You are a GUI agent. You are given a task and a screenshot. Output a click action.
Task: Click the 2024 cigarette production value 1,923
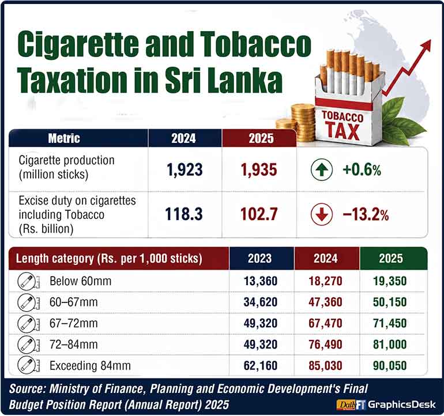(x=185, y=170)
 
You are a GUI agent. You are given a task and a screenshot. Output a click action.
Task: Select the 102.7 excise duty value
(x=259, y=214)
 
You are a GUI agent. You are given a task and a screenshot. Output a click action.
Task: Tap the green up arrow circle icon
(x=321, y=169)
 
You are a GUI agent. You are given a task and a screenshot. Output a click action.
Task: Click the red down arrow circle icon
(x=321, y=214)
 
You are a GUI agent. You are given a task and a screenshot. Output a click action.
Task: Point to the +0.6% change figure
(x=362, y=170)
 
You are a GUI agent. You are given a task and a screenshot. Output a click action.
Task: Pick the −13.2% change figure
(x=366, y=215)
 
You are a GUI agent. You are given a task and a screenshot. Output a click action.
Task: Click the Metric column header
(x=64, y=138)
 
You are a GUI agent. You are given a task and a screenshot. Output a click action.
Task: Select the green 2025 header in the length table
(x=393, y=258)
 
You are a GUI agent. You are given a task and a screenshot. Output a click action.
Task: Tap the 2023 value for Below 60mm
(x=261, y=281)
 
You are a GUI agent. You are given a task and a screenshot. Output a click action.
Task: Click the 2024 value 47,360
(x=325, y=302)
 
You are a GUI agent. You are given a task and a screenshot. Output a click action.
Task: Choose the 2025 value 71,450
(x=390, y=323)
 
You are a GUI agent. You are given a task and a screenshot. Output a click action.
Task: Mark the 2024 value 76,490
(x=325, y=345)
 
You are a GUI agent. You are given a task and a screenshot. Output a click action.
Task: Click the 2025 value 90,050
(x=390, y=366)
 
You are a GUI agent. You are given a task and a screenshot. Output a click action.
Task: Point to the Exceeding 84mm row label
(x=90, y=366)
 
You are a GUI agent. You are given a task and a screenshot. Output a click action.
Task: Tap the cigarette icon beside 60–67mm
(x=28, y=302)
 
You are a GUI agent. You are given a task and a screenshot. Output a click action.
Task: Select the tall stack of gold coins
(x=303, y=123)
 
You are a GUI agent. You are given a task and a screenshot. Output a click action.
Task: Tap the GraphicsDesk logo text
(x=401, y=404)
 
